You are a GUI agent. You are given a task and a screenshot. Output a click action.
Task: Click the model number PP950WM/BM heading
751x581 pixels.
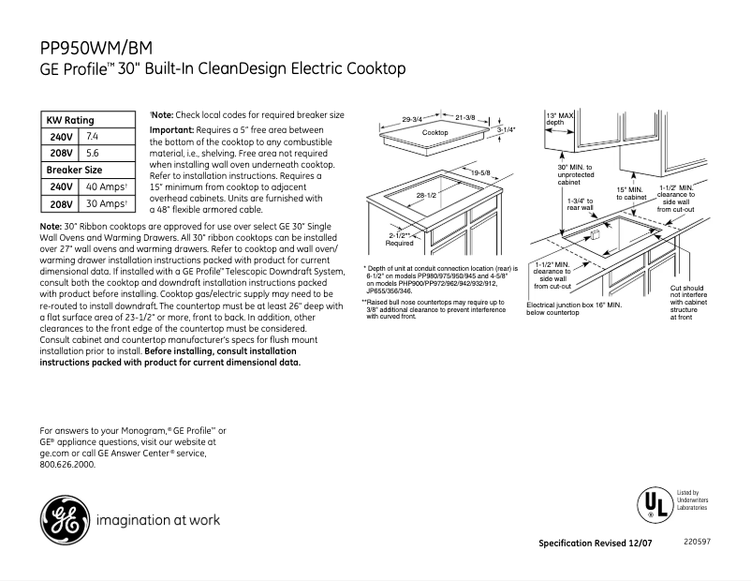coord(104,47)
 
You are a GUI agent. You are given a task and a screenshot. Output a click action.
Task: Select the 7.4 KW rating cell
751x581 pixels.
coord(93,137)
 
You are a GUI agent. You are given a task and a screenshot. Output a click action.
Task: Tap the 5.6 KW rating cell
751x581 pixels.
coord(93,153)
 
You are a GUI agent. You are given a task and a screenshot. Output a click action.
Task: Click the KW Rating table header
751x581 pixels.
coord(70,121)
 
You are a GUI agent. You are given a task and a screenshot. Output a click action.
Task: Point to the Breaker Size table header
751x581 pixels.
coord(74,170)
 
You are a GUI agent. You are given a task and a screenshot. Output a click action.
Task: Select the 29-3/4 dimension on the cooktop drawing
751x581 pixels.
coord(413,119)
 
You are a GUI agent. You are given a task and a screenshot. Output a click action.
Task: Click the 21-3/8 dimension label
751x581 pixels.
coord(465,117)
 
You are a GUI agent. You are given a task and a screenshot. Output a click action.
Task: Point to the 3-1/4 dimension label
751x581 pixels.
coord(507,131)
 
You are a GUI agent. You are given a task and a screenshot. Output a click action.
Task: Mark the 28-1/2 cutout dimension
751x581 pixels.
coord(427,195)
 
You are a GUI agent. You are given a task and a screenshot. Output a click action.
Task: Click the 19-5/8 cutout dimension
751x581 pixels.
coord(481,173)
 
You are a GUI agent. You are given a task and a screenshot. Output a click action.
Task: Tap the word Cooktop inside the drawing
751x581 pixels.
coord(434,134)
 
